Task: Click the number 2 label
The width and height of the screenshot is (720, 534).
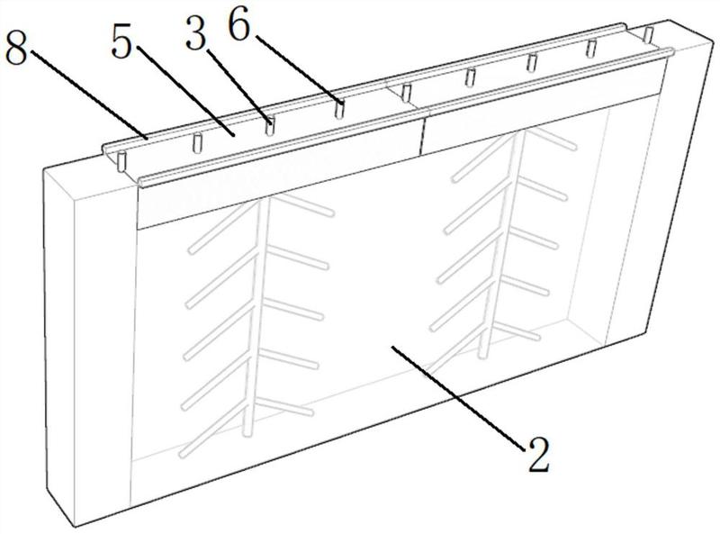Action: [538, 455]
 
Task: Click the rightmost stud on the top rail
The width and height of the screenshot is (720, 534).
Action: [649, 34]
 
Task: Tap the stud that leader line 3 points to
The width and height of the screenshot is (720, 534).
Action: [271, 126]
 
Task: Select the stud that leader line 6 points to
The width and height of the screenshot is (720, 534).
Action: [340, 109]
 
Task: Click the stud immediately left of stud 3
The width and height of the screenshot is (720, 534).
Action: [197, 142]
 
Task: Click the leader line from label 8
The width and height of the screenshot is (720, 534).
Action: [89, 94]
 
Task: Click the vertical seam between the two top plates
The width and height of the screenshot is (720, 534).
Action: [420, 134]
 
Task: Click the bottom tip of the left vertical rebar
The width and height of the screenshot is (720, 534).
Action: [247, 432]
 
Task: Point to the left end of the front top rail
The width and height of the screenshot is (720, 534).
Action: [140, 181]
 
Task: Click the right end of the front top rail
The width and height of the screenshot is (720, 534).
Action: [670, 52]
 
